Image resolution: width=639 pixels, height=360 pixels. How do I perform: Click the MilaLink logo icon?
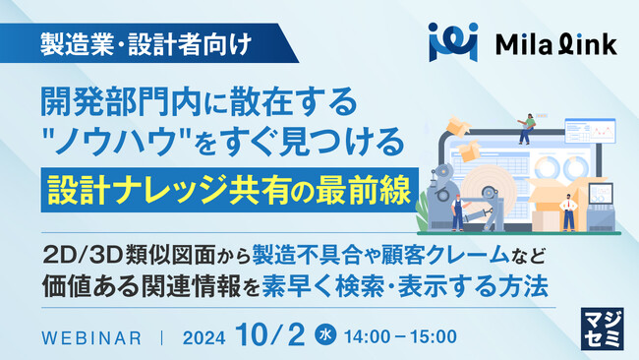click(451, 42)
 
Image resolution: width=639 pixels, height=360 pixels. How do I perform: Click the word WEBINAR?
click(94, 336)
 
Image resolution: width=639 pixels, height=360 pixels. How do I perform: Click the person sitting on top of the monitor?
click(527, 126)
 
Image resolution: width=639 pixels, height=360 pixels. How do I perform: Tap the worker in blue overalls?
click(458, 210)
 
